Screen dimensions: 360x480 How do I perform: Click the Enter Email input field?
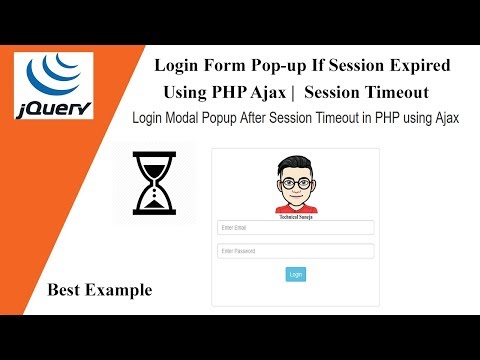295,227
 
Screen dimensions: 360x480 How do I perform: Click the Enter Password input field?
295,251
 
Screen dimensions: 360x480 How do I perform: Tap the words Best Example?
99,290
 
